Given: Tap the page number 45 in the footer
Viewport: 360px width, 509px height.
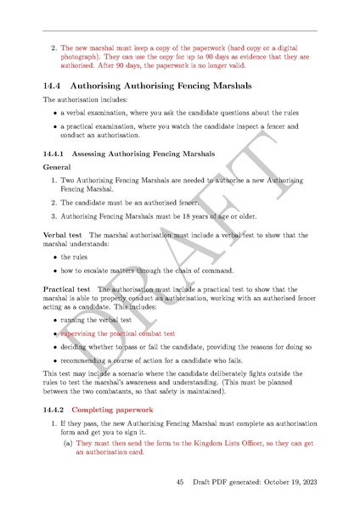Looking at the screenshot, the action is point(180,483).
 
